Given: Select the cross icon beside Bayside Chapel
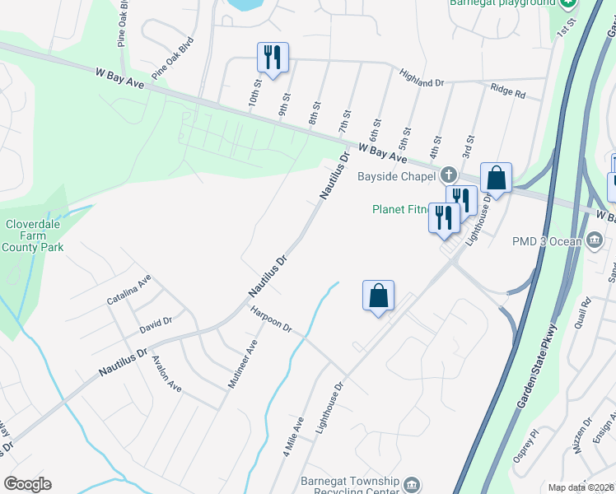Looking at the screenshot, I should [x=448, y=175].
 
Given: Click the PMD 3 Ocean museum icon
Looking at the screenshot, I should [x=595, y=241].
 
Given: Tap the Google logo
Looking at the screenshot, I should [x=27, y=484].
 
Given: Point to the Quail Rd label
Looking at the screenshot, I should [x=586, y=312].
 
